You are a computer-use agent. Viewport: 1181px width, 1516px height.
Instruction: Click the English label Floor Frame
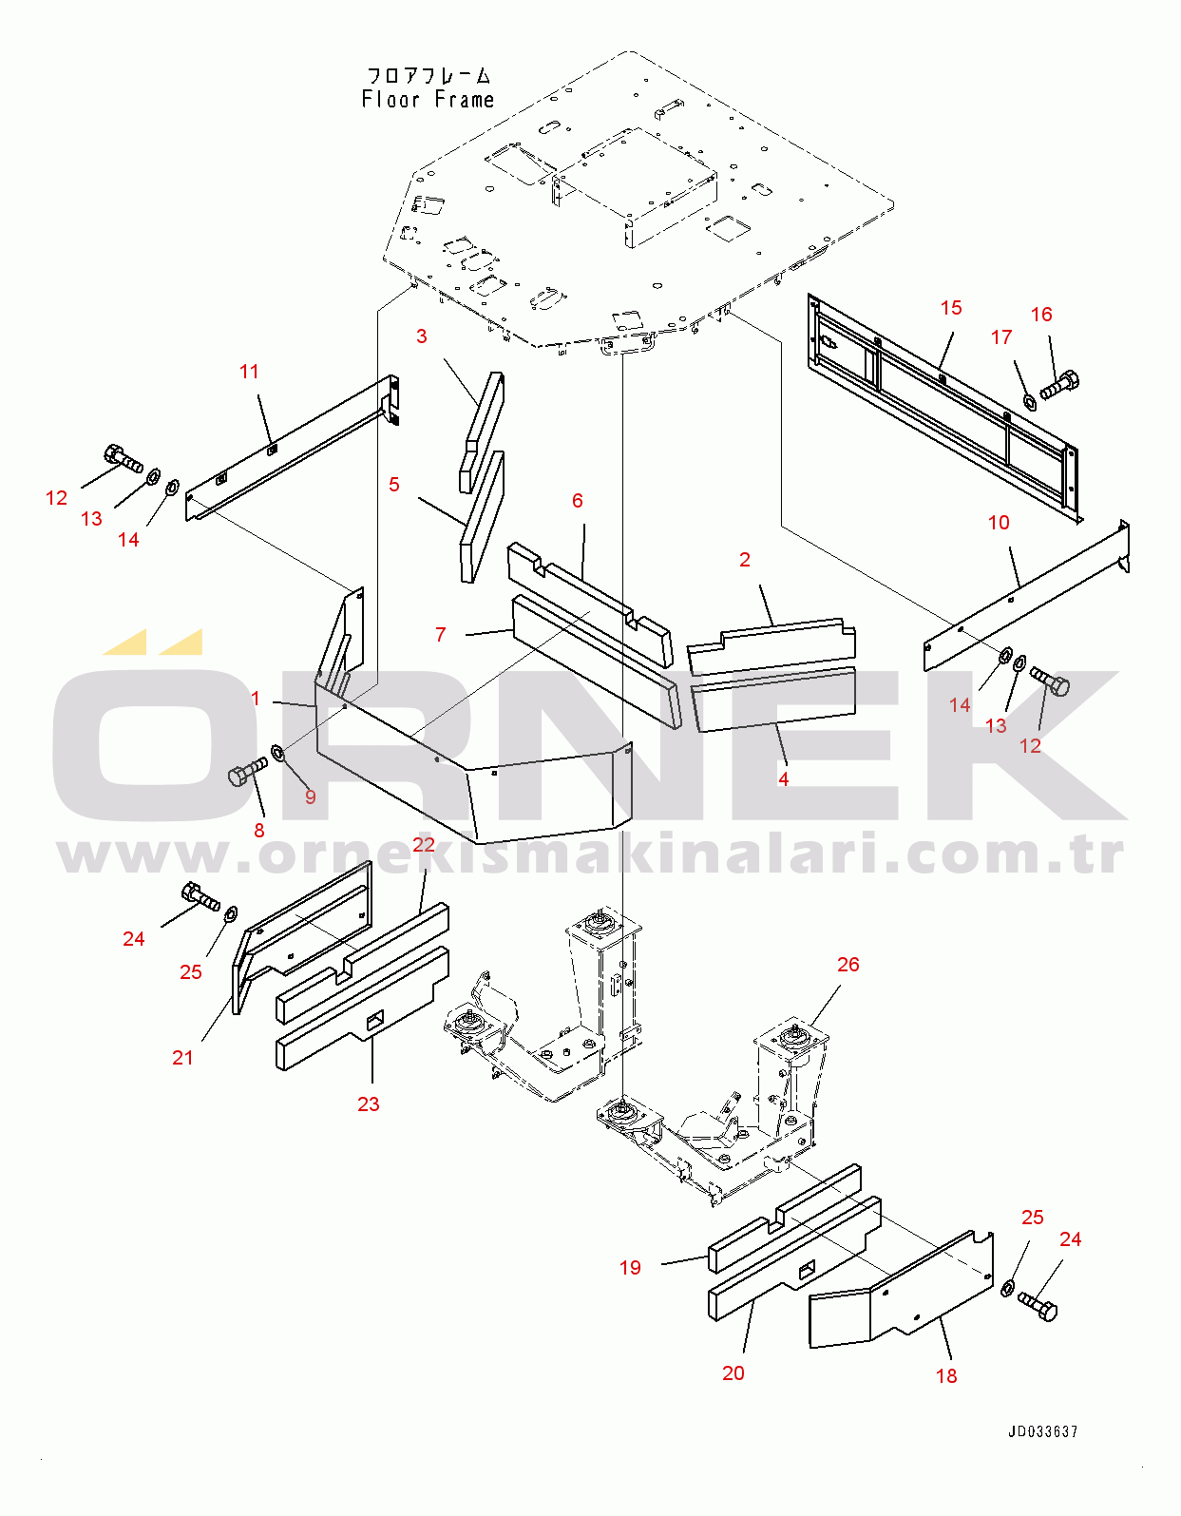click(428, 100)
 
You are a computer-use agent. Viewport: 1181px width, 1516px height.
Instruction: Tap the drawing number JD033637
click(1043, 1431)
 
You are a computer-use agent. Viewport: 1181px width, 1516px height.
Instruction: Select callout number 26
click(848, 964)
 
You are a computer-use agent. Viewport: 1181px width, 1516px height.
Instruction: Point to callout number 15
click(951, 308)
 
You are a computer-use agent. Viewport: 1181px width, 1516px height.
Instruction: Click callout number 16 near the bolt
click(1041, 315)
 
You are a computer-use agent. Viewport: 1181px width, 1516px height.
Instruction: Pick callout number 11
click(249, 372)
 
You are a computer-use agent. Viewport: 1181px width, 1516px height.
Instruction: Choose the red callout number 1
click(256, 699)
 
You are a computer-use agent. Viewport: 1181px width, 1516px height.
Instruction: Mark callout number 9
click(311, 796)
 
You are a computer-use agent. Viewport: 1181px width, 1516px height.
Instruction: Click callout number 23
click(368, 1103)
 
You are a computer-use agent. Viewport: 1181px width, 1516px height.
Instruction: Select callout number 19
click(630, 1268)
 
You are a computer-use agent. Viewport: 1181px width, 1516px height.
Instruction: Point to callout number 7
click(440, 634)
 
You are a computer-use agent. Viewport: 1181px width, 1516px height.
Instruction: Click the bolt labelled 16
click(1059, 384)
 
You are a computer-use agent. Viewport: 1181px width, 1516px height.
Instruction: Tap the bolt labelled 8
click(247, 771)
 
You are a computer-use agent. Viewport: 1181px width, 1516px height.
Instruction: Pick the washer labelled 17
click(1028, 401)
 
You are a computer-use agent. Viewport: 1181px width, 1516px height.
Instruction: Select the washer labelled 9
click(277, 754)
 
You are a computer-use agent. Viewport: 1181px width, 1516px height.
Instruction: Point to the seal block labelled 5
click(482, 517)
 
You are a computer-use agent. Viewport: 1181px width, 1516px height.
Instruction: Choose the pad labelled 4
click(773, 699)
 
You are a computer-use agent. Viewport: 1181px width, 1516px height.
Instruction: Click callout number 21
click(182, 1058)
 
